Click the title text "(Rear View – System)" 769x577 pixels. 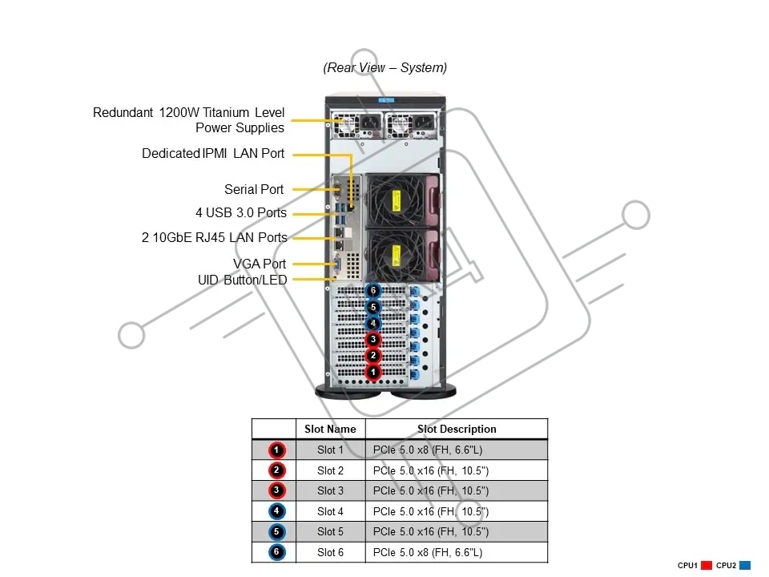click(x=385, y=67)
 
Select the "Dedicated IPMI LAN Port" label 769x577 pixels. click(x=213, y=154)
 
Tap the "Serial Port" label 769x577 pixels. click(x=254, y=189)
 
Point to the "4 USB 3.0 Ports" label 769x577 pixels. click(x=241, y=213)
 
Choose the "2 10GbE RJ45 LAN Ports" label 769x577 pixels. click(x=215, y=237)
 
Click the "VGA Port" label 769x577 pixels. click(x=260, y=264)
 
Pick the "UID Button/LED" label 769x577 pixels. click(x=242, y=280)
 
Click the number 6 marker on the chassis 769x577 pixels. click(x=373, y=290)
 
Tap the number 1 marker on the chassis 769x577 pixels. click(x=373, y=372)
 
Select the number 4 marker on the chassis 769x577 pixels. click(x=373, y=323)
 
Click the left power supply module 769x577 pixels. click(x=357, y=126)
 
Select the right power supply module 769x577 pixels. click(x=411, y=126)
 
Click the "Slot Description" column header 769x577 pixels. click(x=457, y=430)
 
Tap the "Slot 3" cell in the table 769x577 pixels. click(x=330, y=490)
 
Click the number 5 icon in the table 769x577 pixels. click(x=276, y=532)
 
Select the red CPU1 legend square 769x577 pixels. click(x=707, y=565)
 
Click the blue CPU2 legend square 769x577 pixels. click(x=744, y=565)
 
